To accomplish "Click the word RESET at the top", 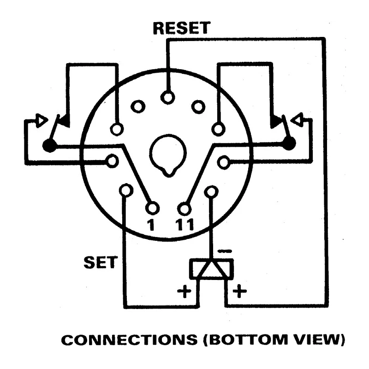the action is coord(181,28).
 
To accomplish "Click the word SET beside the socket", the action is coord(101,262).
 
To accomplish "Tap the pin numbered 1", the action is coord(153,208).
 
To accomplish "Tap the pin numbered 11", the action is coord(184,209).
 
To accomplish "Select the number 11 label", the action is coord(184,225).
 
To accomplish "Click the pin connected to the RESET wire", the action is coord(167,97).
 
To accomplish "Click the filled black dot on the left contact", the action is coord(50,145).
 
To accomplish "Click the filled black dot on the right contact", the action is coord(289,143).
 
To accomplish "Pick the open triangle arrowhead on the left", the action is coord(42,120).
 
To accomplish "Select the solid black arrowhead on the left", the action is coord(65,121).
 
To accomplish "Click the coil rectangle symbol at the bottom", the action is coord(212,269).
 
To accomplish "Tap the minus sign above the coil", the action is coord(225,251).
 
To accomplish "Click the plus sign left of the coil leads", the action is coord(184,292).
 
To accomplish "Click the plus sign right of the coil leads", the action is coord(239,291).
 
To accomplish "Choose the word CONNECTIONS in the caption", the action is coord(129,340).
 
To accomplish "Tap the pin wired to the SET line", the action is coord(126,190).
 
